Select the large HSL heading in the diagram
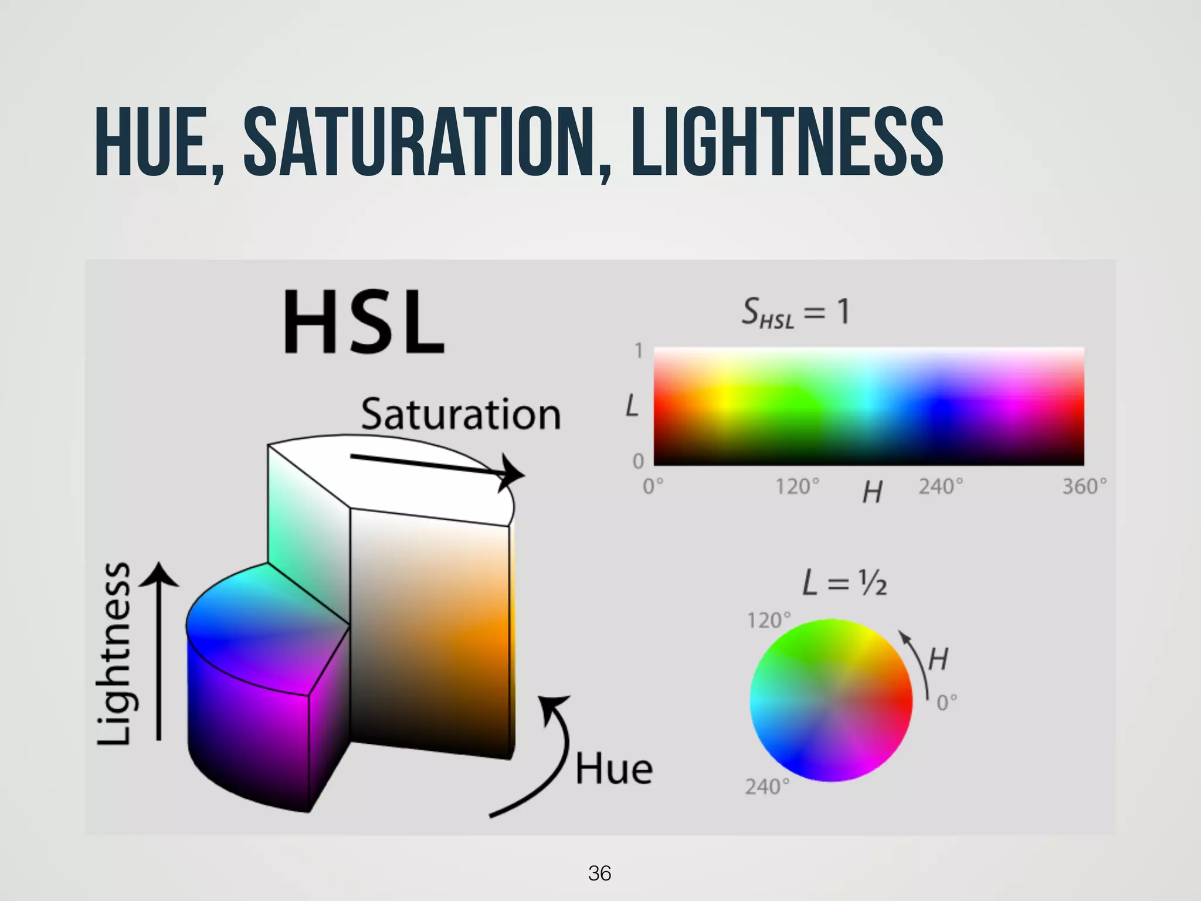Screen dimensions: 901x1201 pyautogui.click(x=364, y=323)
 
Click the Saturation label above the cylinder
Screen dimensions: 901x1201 pyautogui.click(x=461, y=414)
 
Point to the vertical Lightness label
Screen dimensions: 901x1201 pyautogui.click(x=114, y=653)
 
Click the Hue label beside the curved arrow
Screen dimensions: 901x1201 pyautogui.click(x=613, y=770)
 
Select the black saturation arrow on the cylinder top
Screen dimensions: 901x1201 pyautogui.click(x=437, y=466)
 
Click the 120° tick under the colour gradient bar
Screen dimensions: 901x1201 pyautogui.click(x=797, y=487)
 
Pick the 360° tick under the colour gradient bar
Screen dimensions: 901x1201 pyautogui.click(x=1084, y=487)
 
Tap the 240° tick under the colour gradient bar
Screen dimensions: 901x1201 pyautogui.click(x=941, y=487)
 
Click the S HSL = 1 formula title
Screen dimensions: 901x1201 pyautogui.click(x=795, y=312)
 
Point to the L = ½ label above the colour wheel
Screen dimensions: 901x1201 pyautogui.click(x=844, y=584)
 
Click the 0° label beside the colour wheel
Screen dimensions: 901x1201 pyautogui.click(x=946, y=702)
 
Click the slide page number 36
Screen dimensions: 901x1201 pyautogui.click(x=599, y=873)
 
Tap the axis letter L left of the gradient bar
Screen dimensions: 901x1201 pyautogui.click(x=631, y=406)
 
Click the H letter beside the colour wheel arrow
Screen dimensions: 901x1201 pyautogui.click(x=938, y=659)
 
